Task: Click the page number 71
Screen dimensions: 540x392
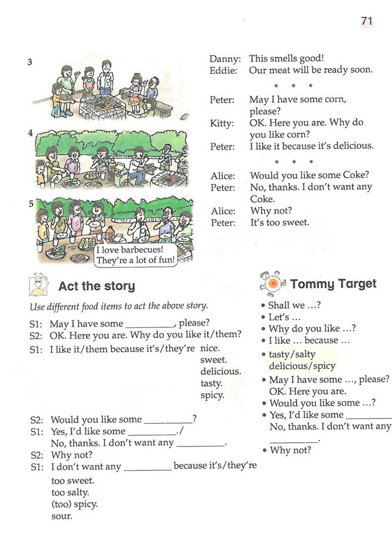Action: click(367, 21)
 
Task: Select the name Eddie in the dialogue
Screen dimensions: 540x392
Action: click(223, 70)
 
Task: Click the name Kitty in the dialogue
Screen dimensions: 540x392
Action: click(222, 123)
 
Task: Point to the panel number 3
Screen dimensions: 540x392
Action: click(30, 62)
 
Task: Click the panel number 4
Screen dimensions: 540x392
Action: click(30, 133)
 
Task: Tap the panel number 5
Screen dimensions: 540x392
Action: click(30, 204)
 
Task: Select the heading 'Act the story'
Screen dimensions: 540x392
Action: click(97, 286)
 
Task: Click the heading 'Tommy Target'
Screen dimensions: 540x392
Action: click(333, 283)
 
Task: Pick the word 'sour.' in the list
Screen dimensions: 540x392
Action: click(61, 516)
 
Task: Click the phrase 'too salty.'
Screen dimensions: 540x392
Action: click(70, 493)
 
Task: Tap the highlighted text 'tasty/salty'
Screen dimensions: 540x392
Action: click(292, 353)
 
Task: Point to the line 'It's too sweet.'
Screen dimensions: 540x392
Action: click(280, 222)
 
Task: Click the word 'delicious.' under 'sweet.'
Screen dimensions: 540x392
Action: click(220, 372)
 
